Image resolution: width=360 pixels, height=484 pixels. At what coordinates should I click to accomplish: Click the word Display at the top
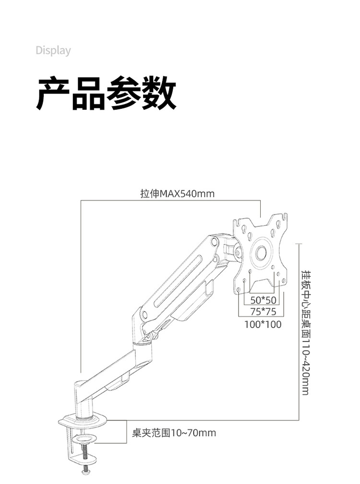(53, 50)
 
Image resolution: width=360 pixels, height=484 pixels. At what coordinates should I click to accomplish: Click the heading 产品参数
(107, 93)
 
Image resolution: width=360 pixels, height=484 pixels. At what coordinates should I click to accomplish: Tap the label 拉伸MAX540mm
(177, 194)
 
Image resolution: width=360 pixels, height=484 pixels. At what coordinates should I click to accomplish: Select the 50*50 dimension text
(264, 301)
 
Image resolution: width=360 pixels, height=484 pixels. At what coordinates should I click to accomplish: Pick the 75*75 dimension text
(263, 312)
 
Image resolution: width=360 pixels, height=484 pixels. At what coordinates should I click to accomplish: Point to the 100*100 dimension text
(263, 325)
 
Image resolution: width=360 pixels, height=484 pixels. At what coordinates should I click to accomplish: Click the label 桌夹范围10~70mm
(174, 433)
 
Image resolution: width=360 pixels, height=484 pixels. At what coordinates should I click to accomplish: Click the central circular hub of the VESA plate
(262, 252)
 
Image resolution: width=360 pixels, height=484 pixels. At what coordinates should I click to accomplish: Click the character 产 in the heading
(54, 93)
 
